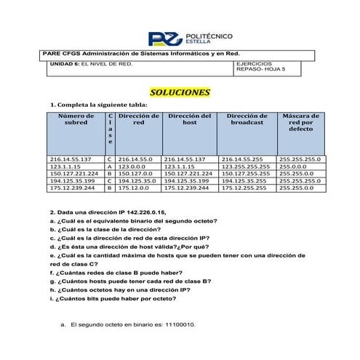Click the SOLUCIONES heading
(179, 93)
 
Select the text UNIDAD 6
(63, 65)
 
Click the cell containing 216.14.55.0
(135, 159)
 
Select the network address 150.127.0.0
(135, 174)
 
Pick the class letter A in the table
(108, 167)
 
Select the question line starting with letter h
(121, 289)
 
